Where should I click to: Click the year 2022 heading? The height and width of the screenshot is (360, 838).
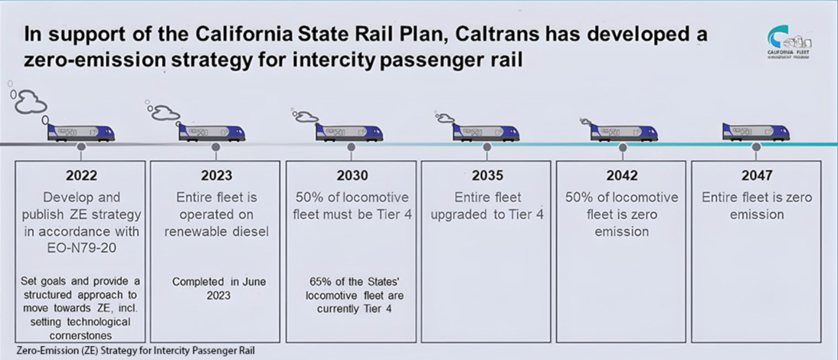[x=81, y=175]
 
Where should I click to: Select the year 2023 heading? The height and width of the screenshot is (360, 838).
[x=216, y=175]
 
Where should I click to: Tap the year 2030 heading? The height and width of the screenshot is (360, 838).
[x=352, y=175]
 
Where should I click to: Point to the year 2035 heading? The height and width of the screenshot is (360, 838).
[x=487, y=175]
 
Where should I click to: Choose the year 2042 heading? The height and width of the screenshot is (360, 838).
[x=622, y=175]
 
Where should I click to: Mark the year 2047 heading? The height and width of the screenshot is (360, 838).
[x=757, y=175]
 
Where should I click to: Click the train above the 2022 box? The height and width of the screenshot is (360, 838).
[x=81, y=132]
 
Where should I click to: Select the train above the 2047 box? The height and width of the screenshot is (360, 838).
[x=756, y=132]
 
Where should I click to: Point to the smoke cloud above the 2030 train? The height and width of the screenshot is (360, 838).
[x=306, y=116]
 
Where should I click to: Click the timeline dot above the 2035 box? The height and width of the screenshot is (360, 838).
[x=487, y=146]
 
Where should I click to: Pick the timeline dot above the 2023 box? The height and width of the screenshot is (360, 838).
[x=216, y=146]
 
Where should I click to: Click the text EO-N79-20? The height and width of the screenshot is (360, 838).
[x=81, y=248]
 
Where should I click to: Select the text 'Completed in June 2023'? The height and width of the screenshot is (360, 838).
[x=218, y=288]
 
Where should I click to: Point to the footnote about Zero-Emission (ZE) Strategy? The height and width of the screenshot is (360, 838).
[x=136, y=351]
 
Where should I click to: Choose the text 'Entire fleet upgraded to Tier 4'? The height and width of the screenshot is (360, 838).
[x=487, y=206]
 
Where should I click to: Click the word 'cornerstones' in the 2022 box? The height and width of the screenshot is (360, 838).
[x=81, y=335]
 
